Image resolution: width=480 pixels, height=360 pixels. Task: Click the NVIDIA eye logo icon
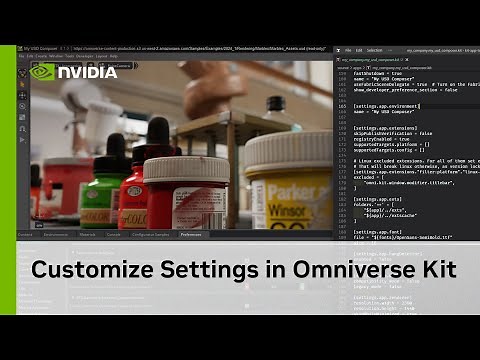(42, 72)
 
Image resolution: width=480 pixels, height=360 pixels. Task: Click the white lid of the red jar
(186, 167)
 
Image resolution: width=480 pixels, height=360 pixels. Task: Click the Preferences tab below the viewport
(190, 235)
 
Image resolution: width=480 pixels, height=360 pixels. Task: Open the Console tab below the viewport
(113, 235)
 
